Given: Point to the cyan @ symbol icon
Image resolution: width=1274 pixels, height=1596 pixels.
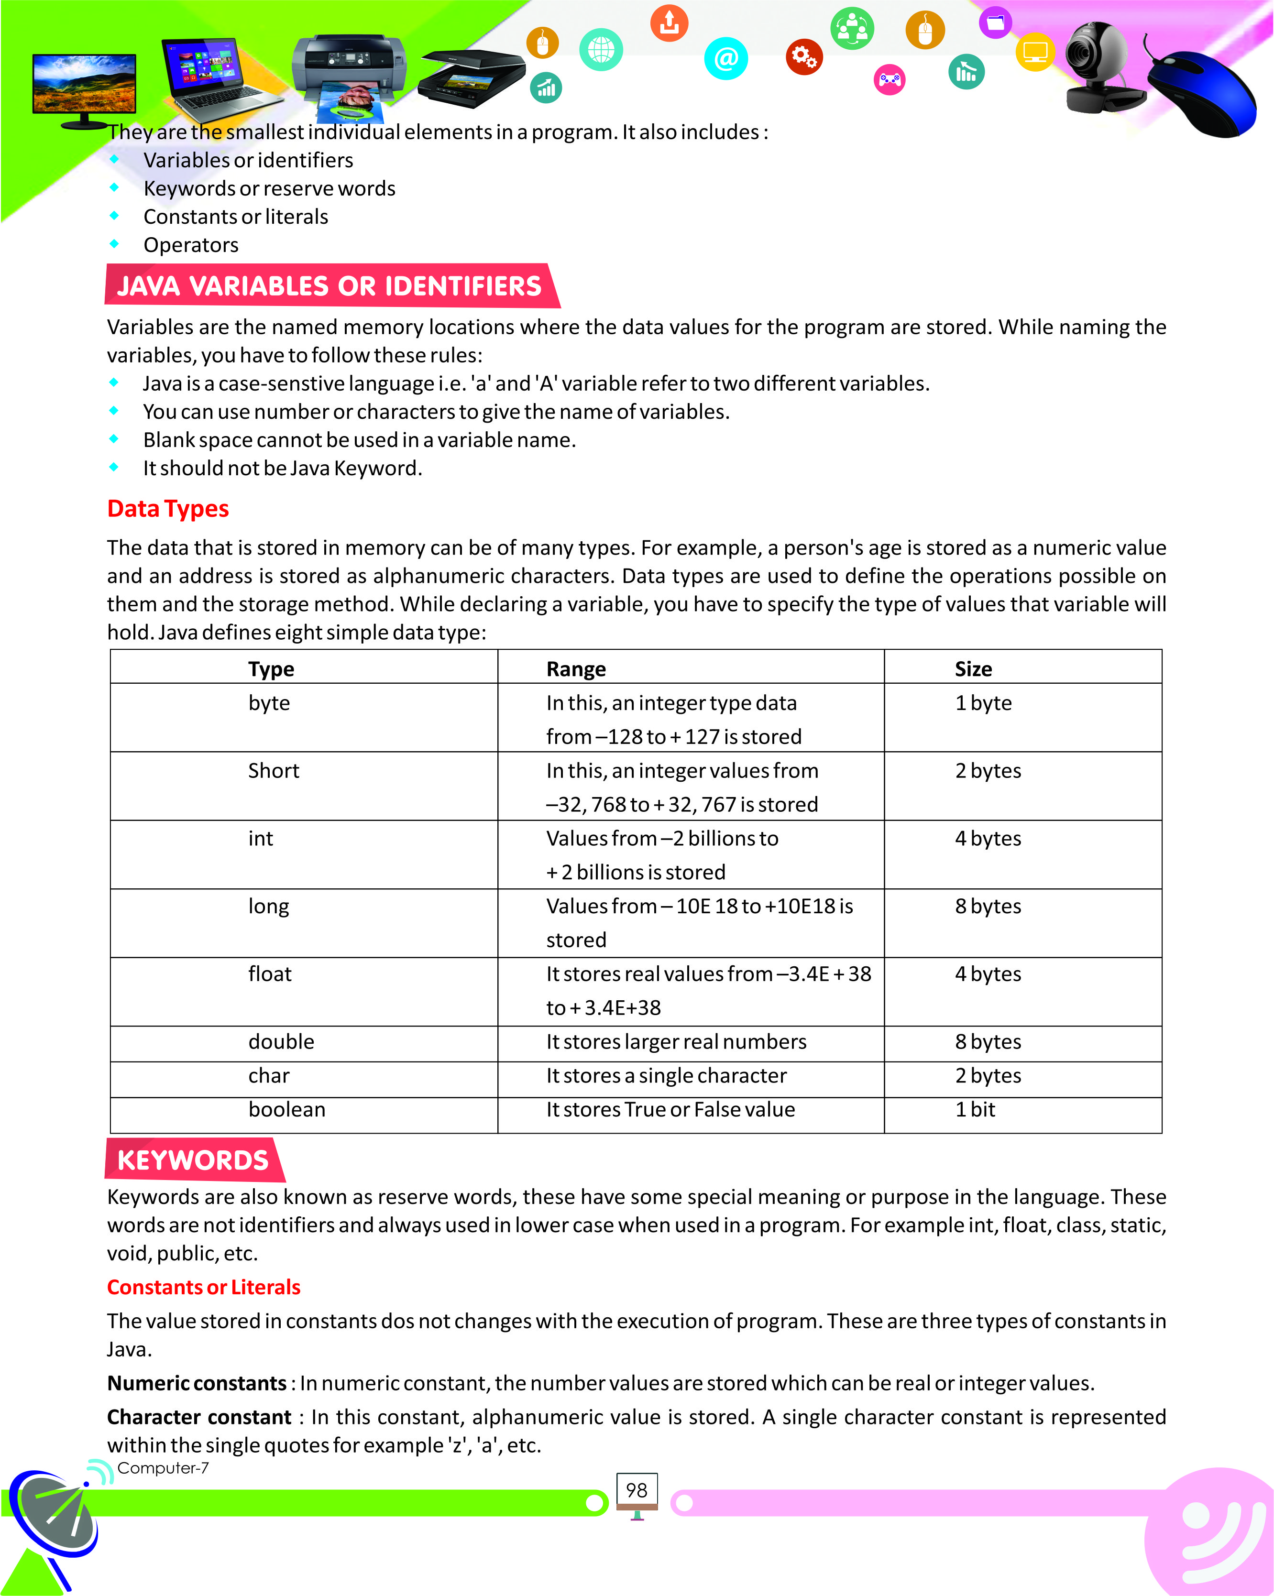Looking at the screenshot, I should (726, 58).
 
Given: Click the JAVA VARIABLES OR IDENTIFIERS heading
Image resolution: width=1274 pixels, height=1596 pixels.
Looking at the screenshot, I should (329, 286).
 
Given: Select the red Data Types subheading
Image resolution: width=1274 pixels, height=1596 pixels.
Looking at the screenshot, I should (168, 509).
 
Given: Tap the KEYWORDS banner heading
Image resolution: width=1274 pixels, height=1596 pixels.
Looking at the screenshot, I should (193, 1160).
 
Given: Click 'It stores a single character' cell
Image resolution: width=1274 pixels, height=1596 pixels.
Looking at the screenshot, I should (666, 1076).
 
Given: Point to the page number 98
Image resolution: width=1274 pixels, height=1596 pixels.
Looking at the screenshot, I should (637, 1490).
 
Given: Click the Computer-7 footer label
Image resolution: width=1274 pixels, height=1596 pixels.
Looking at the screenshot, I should (163, 1468).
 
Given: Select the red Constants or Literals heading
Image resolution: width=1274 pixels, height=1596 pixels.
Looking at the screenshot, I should (204, 1287).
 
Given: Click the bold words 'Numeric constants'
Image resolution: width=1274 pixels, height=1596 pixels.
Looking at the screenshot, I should (197, 1383).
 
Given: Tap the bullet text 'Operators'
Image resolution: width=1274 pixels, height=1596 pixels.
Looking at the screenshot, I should (191, 245).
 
